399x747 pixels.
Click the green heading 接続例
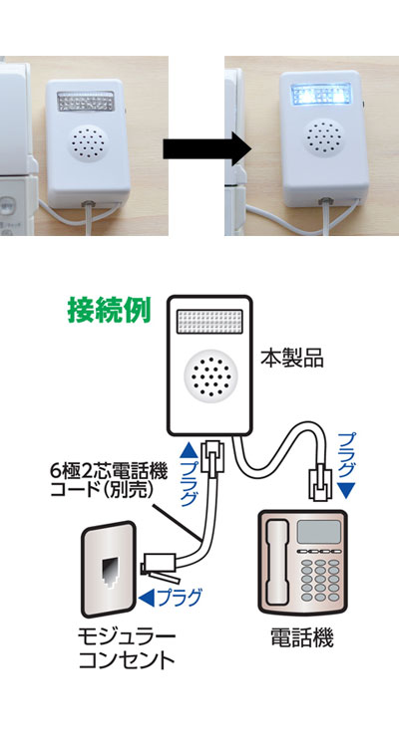(110, 310)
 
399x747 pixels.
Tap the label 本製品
(291, 359)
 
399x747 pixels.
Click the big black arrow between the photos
(207, 149)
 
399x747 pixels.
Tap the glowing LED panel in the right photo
(321, 96)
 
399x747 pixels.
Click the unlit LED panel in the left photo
(86, 101)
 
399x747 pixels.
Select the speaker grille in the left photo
(90, 142)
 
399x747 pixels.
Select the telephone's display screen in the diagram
(319, 531)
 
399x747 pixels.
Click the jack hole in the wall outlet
(110, 571)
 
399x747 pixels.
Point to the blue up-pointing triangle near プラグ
(189, 448)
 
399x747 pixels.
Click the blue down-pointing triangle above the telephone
(349, 490)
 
